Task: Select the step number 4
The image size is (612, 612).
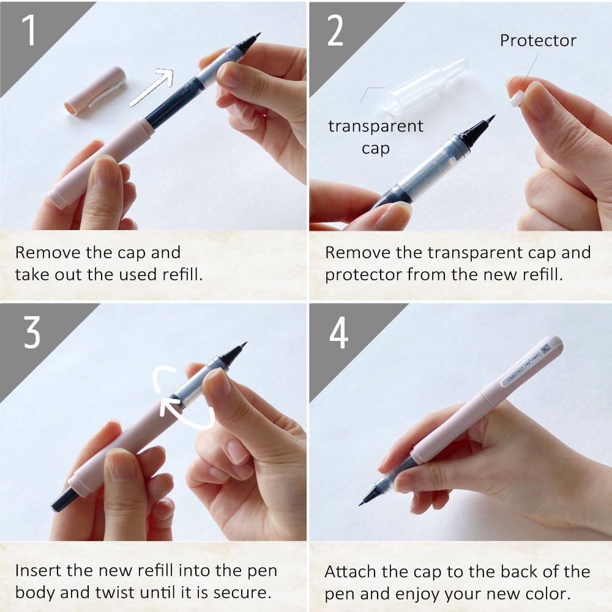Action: click(x=337, y=334)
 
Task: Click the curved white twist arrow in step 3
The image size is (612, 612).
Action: click(x=184, y=398)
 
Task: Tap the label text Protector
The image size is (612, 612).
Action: click(x=538, y=41)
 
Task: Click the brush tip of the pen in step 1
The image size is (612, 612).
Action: click(x=249, y=43)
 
